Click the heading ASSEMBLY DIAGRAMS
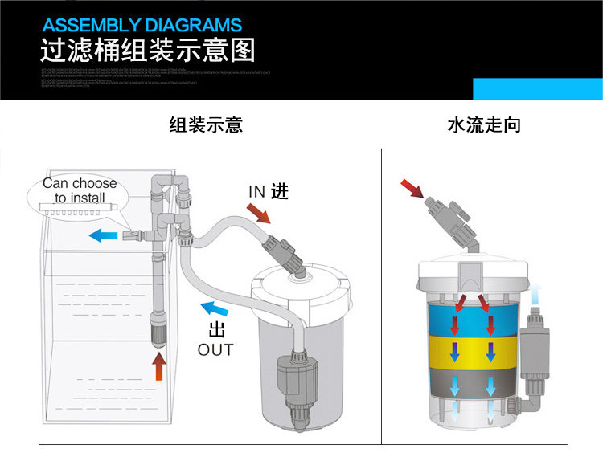(x=142, y=25)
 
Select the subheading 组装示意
(x=206, y=125)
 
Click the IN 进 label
(x=268, y=191)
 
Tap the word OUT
(x=215, y=350)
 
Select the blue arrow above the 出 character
(x=213, y=309)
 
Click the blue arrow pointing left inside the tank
(x=101, y=235)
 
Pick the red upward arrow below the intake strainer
(x=159, y=365)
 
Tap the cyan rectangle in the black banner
(x=537, y=89)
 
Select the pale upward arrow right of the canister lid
(x=535, y=293)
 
